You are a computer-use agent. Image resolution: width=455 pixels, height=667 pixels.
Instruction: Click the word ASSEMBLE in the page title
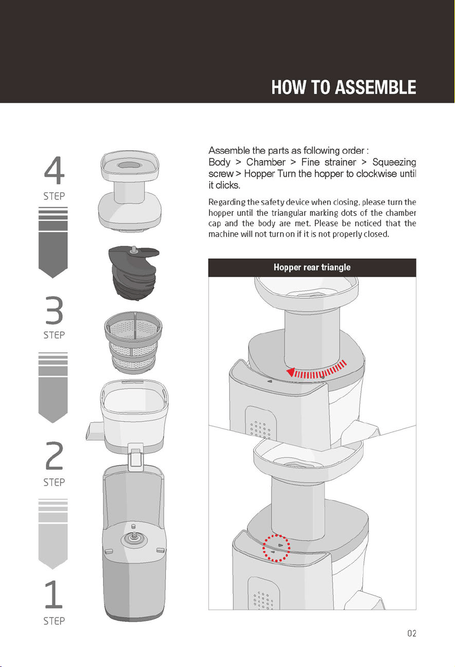click(375, 87)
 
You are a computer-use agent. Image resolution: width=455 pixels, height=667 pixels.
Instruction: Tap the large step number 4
click(54, 170)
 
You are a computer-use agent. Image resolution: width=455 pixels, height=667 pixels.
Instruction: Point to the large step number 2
click(54, 455)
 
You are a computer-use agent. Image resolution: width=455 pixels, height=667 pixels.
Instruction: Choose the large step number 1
click(54, 594)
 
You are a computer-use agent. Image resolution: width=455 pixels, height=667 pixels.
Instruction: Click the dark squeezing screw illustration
click(133, 273)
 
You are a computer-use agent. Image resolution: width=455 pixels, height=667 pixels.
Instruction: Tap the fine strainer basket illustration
click(133, 343)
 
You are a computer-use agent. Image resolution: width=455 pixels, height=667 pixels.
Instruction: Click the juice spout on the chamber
click(94, 431)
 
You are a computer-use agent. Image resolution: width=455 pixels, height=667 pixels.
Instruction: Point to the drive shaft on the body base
click(134, 534)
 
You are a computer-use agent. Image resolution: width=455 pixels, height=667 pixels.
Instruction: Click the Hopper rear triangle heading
click(312, 267)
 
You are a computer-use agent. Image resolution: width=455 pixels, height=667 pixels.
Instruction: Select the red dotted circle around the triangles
click(276, 548)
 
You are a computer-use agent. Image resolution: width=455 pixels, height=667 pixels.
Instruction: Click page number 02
click(412, 633)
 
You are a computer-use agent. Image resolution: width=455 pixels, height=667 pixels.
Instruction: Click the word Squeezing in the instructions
click(394, 162)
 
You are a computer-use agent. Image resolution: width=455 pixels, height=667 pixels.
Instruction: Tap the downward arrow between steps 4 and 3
click(53, 243)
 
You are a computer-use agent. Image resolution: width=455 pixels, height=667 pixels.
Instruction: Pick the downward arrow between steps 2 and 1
click(53, 534)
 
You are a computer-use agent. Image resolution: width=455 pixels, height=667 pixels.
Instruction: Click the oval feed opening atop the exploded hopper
click(128, 165)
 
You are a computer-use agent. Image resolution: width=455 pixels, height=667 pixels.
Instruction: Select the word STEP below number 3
click(54, 335)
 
